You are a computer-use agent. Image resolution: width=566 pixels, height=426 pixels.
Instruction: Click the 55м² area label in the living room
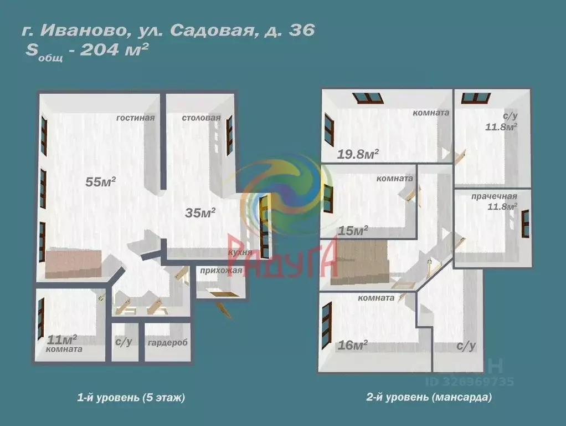click(x=100, y=182)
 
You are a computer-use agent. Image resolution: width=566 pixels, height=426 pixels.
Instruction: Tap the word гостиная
click(x=135, y=118)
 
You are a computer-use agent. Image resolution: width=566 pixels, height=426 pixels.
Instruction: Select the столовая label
click(x=202, y=118)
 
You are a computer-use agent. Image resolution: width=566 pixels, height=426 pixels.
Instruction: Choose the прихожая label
click(x=219, y=271)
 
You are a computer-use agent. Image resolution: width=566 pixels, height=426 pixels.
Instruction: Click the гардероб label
click(x=167, y=342)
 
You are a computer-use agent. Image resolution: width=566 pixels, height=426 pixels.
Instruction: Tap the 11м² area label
click(x=61, y=338)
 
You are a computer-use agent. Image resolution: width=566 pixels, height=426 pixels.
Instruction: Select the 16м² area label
click(x=353, y=346)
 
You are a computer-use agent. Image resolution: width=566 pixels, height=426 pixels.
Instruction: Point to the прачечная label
click(x=494, y=196)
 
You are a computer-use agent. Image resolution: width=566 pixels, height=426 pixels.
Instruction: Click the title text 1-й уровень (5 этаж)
click(x=131, y=397)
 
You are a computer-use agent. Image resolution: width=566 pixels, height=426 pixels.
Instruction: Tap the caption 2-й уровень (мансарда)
click(x=429, y=397)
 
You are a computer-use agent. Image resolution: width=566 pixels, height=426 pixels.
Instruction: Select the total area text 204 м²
click(x=114, y=50)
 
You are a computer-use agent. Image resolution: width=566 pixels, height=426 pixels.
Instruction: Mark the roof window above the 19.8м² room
click(x=369, y=98)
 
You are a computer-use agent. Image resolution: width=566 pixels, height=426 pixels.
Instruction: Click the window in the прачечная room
click(x=525, y=224)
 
